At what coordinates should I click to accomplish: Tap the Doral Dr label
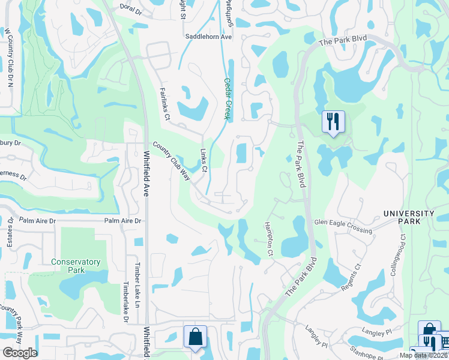130,11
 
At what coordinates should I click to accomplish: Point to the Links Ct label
203,161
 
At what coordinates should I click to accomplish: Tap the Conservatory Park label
76,266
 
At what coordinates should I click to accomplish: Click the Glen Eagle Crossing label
343,227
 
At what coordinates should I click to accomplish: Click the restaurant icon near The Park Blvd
333,122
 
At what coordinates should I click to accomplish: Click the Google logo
20,352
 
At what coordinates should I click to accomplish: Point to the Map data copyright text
424,355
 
